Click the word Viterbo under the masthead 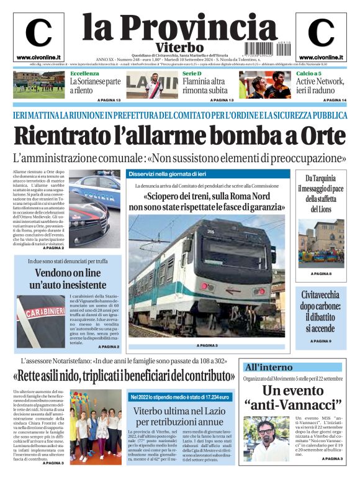[x=180, y=47]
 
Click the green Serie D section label [x=192, y=73]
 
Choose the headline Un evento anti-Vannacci [x=292, y=398]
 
